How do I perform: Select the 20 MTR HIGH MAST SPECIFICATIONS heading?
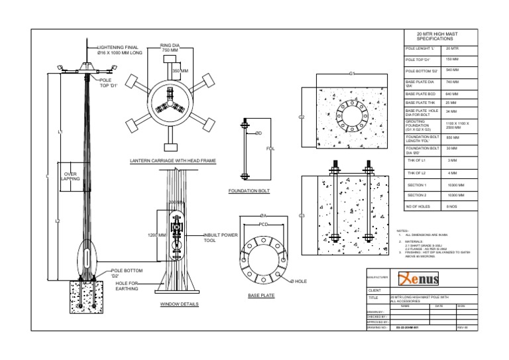pos(437,36)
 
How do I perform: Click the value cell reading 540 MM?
pos(452,70)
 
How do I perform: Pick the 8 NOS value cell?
pos(452,207)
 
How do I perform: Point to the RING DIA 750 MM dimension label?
pos(170,48)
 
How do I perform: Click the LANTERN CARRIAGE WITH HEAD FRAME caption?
pos(172,161)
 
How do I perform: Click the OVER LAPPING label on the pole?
pos(70,176)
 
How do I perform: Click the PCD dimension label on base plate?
pos(264,224)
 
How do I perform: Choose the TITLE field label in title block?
pos(372,298)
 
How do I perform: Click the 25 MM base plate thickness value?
pos(451,103)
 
